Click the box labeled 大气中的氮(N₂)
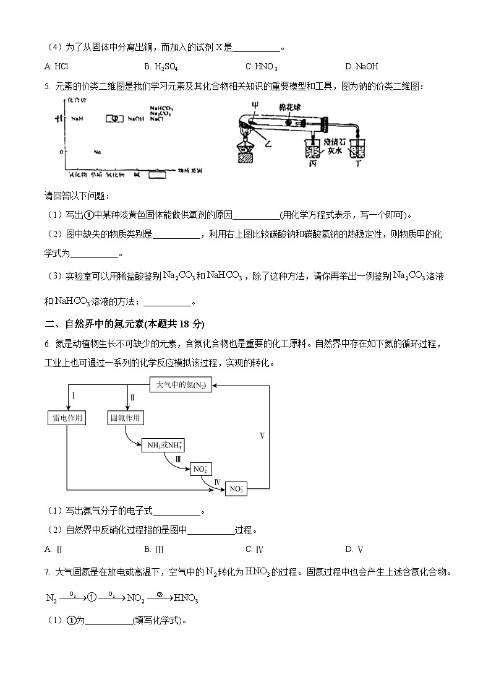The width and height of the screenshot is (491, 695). [x=181, y=385]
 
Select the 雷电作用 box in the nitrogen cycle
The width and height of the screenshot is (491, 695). [x=66, y=418]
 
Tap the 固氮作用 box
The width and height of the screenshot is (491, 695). [x=126, y=418]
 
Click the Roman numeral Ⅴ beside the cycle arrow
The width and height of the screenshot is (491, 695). [x=262, y=436]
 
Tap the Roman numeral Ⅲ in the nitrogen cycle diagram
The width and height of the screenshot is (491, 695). [x=178, y=459]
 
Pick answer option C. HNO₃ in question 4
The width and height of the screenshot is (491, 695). [x=261, y=67]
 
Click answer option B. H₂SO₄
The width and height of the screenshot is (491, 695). [x=161, y=67]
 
